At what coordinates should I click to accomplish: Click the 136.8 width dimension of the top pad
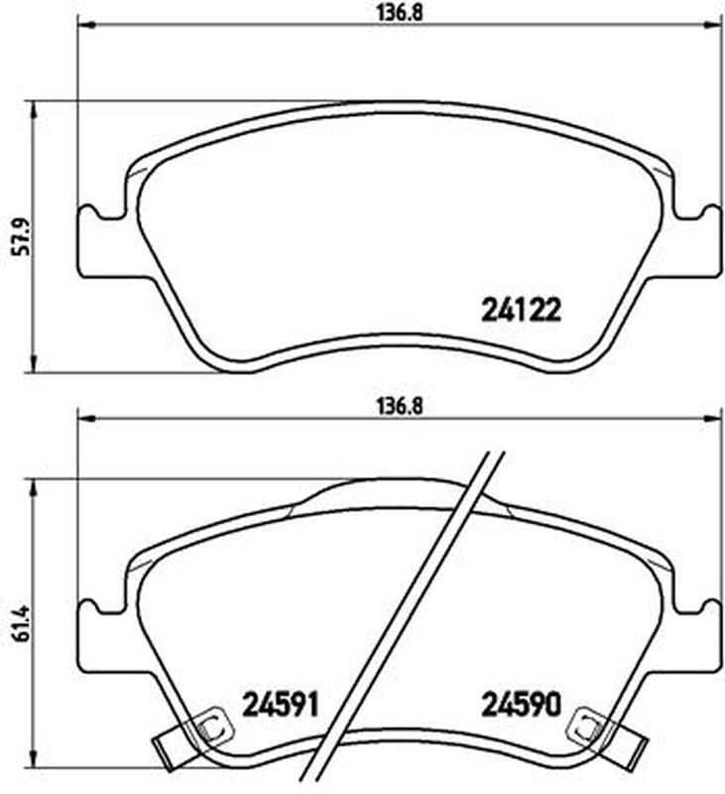400,13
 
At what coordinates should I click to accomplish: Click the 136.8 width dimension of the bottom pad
400,407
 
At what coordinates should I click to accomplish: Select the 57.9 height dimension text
23,236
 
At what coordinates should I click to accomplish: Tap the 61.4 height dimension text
23,624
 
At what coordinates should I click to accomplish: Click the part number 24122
521,310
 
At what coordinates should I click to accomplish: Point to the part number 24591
281,705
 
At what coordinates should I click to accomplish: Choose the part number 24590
521,705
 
